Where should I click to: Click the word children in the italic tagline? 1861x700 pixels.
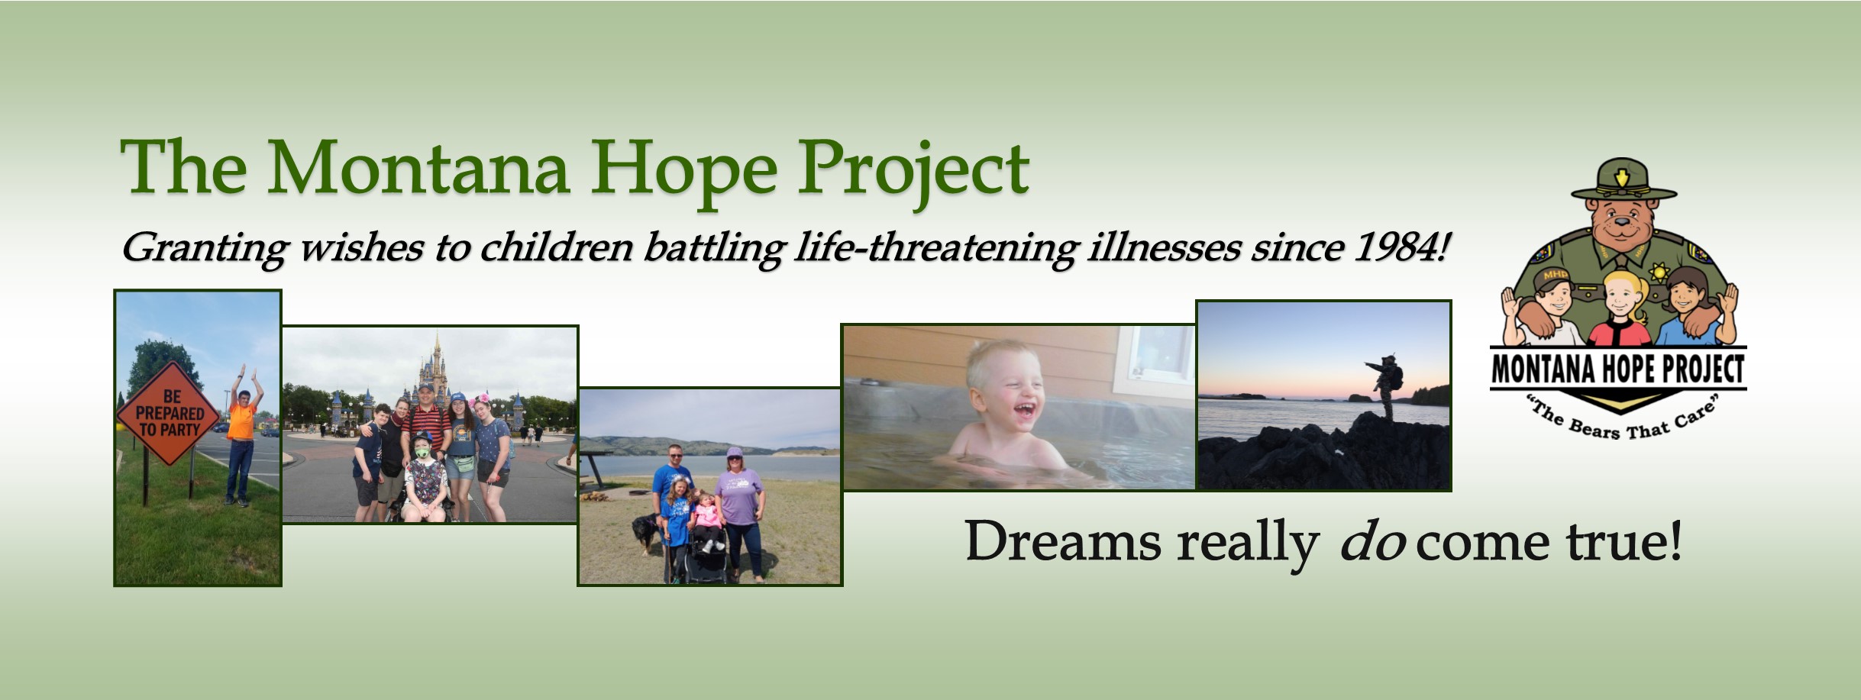point(556,247)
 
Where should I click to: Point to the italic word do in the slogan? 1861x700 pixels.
point(1372,541)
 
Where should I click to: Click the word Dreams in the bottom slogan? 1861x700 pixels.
point(1064,541)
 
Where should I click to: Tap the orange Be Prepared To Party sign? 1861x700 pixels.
point(169,413)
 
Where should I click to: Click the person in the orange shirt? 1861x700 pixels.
point(243,435)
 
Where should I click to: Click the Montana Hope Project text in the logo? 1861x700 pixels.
point(1618,369)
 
